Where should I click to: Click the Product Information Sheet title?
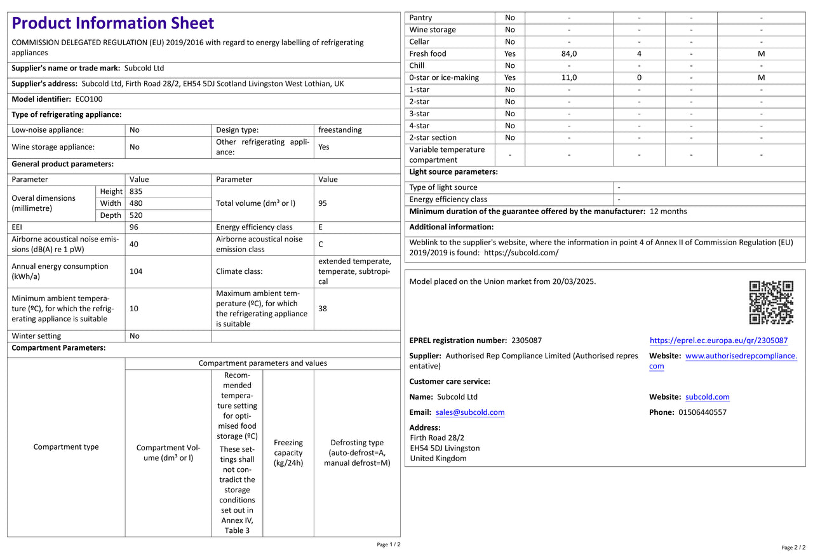tap(113, 24)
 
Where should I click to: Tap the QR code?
tap(771, 302)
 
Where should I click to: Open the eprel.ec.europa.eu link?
tap(718, 340)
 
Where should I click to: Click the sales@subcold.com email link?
tap(470, 412)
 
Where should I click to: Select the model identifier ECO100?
tap(89, 99)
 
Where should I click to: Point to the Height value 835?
tap(136, 191)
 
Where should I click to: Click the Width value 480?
tap(136, 203)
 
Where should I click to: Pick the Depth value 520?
tap(136, 215)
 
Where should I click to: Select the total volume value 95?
tap(323, 203)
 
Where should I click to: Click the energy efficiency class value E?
tap(321, 227)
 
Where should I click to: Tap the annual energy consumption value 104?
tap(136, 271)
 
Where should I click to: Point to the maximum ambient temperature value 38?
tap(323, 308)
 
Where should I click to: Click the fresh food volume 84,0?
tap(569, 54)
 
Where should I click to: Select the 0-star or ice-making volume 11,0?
tap(569, 77)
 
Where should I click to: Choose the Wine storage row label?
tap(433, 30)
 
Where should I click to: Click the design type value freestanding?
tap(340, 130)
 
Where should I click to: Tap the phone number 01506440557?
tap(702, 412)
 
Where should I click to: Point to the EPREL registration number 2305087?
tap(526, 340)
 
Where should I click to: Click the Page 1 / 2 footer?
tap(389, 544)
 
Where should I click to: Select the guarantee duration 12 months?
tap(668, 211)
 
